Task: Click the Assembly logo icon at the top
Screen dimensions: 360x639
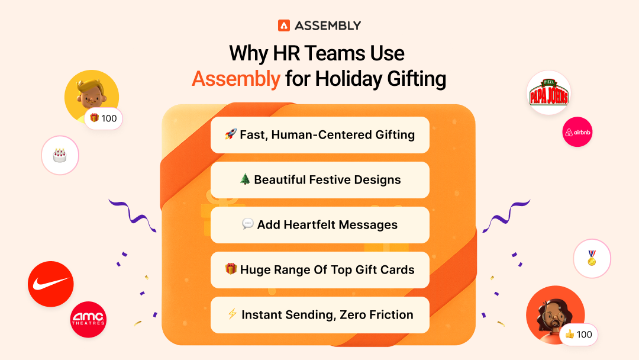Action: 284,25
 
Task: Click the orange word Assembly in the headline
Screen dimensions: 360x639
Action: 235,79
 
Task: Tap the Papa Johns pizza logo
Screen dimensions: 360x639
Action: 548,92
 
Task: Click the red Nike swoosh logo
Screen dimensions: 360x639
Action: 51,284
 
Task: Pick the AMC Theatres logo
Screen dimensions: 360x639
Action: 88,320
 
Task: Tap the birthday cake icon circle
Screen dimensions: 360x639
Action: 60,156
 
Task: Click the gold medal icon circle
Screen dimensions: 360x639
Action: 592,258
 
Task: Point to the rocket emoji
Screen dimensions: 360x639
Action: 230,135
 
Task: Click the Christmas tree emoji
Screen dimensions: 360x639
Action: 245,180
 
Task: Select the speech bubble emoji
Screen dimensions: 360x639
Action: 248,225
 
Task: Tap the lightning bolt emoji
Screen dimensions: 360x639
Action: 232,315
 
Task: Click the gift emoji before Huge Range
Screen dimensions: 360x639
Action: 231,270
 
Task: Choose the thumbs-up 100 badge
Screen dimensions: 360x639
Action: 578,335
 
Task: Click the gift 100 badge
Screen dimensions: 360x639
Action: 103,118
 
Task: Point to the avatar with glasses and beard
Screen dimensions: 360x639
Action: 553,314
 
